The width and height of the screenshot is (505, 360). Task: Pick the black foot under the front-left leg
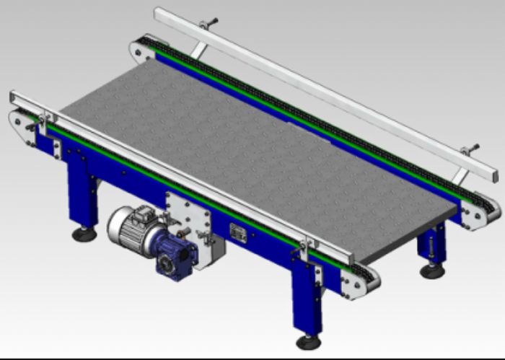84,234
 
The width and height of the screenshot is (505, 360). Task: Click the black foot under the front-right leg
308,341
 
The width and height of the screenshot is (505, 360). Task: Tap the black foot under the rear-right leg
432,271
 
